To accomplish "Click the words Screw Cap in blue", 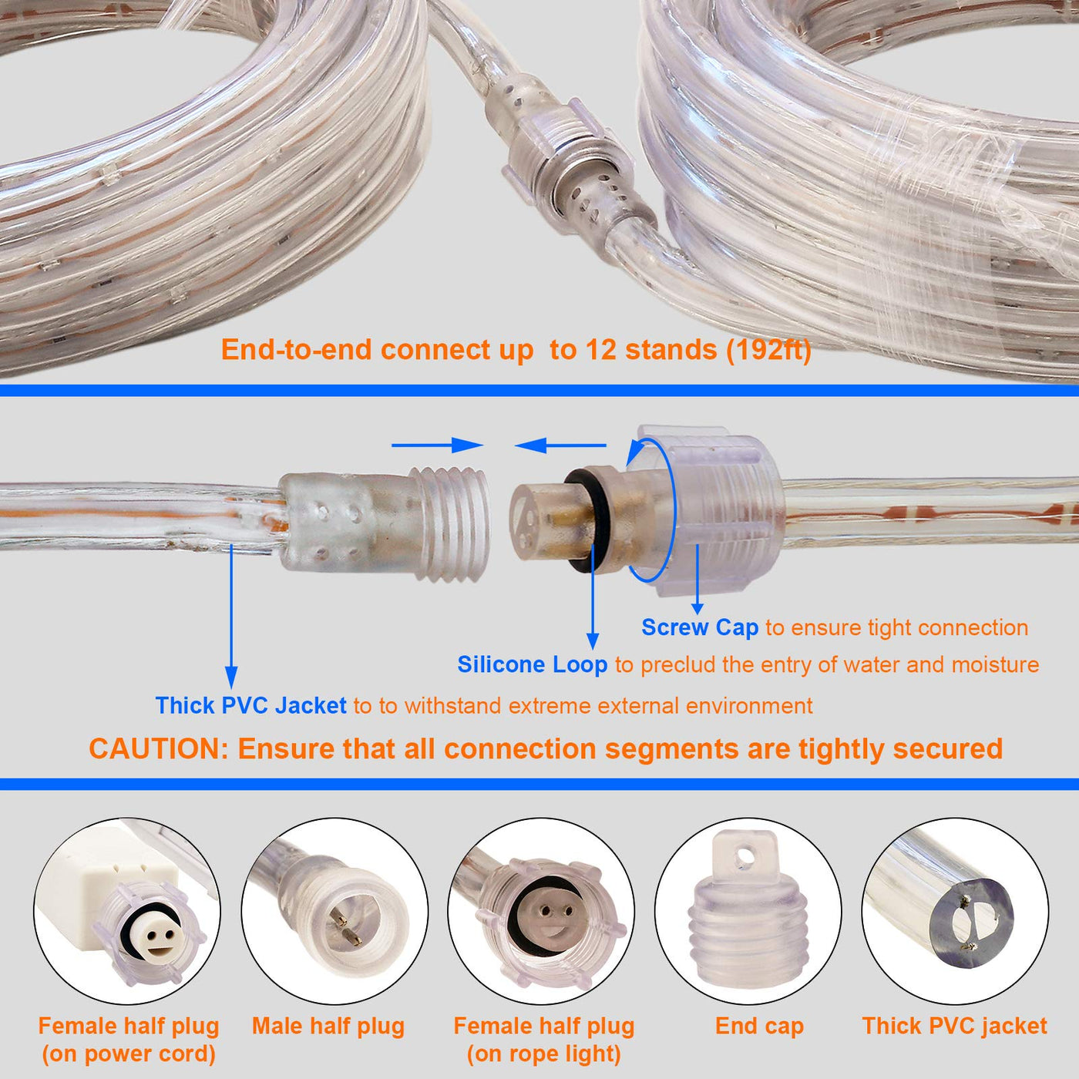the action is click(699, 627).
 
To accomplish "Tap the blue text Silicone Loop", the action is click(533, 664).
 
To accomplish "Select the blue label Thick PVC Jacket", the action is click(250, 705).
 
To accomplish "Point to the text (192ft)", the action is click(769, 350).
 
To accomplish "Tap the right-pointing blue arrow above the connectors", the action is click(437, 445).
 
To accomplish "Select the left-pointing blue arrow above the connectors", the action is click(560, 445).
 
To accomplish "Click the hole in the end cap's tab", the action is click(745, 855).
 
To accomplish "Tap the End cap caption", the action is click(759, 1026).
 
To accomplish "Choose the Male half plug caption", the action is click(328, 1026).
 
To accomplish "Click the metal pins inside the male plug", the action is click(343, 926).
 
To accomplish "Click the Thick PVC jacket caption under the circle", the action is click(955, 1026).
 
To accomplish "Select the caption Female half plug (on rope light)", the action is click(543, 1040).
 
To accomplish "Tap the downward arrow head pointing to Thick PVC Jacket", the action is click(231, 677).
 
